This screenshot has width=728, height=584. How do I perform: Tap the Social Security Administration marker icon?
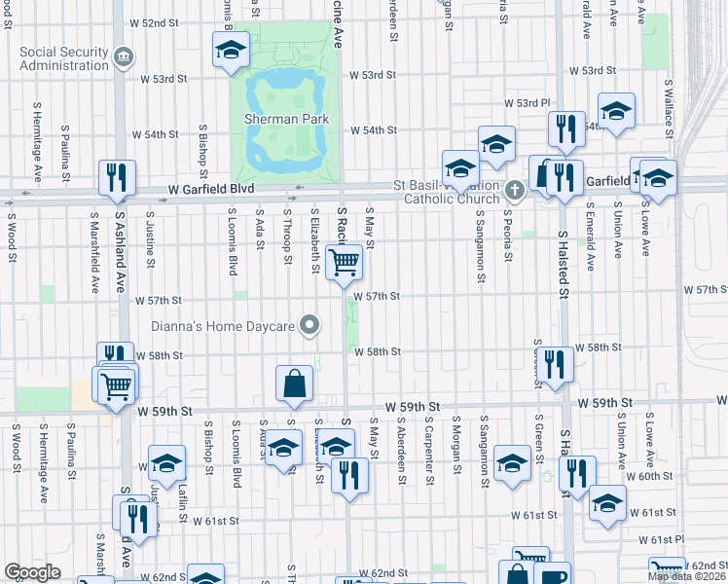[124, 57]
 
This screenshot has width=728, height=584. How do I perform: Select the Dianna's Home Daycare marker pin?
[310, 325]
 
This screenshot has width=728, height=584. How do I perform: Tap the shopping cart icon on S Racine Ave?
[344, 262]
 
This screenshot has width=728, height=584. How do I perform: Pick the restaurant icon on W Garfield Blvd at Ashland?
[116, 176]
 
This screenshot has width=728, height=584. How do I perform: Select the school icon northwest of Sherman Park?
[231, 49]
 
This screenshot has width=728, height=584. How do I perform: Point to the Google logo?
[32, 572]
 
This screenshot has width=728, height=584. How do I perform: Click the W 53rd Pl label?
[527, 103]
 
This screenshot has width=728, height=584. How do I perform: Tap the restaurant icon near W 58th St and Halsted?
[556, 364]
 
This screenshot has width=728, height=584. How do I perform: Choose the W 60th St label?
[650, 476]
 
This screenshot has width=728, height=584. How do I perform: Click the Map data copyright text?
[686, 576]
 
